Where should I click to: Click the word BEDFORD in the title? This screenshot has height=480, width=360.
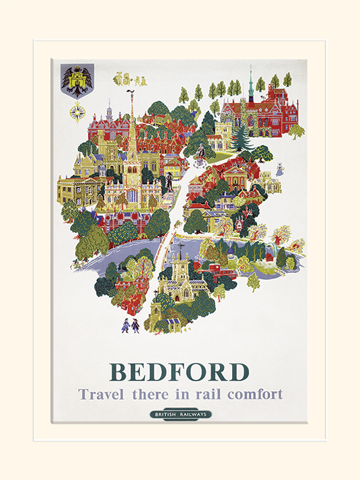click(179, 372)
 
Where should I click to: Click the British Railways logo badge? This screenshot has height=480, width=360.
click(180, 414)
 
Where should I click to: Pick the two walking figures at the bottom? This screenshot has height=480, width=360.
click(130, 325)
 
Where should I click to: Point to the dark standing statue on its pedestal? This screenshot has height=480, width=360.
click(169, 180)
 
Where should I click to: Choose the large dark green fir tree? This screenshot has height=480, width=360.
click(240, 138)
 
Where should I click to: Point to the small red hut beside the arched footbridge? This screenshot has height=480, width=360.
click(281, 258)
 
